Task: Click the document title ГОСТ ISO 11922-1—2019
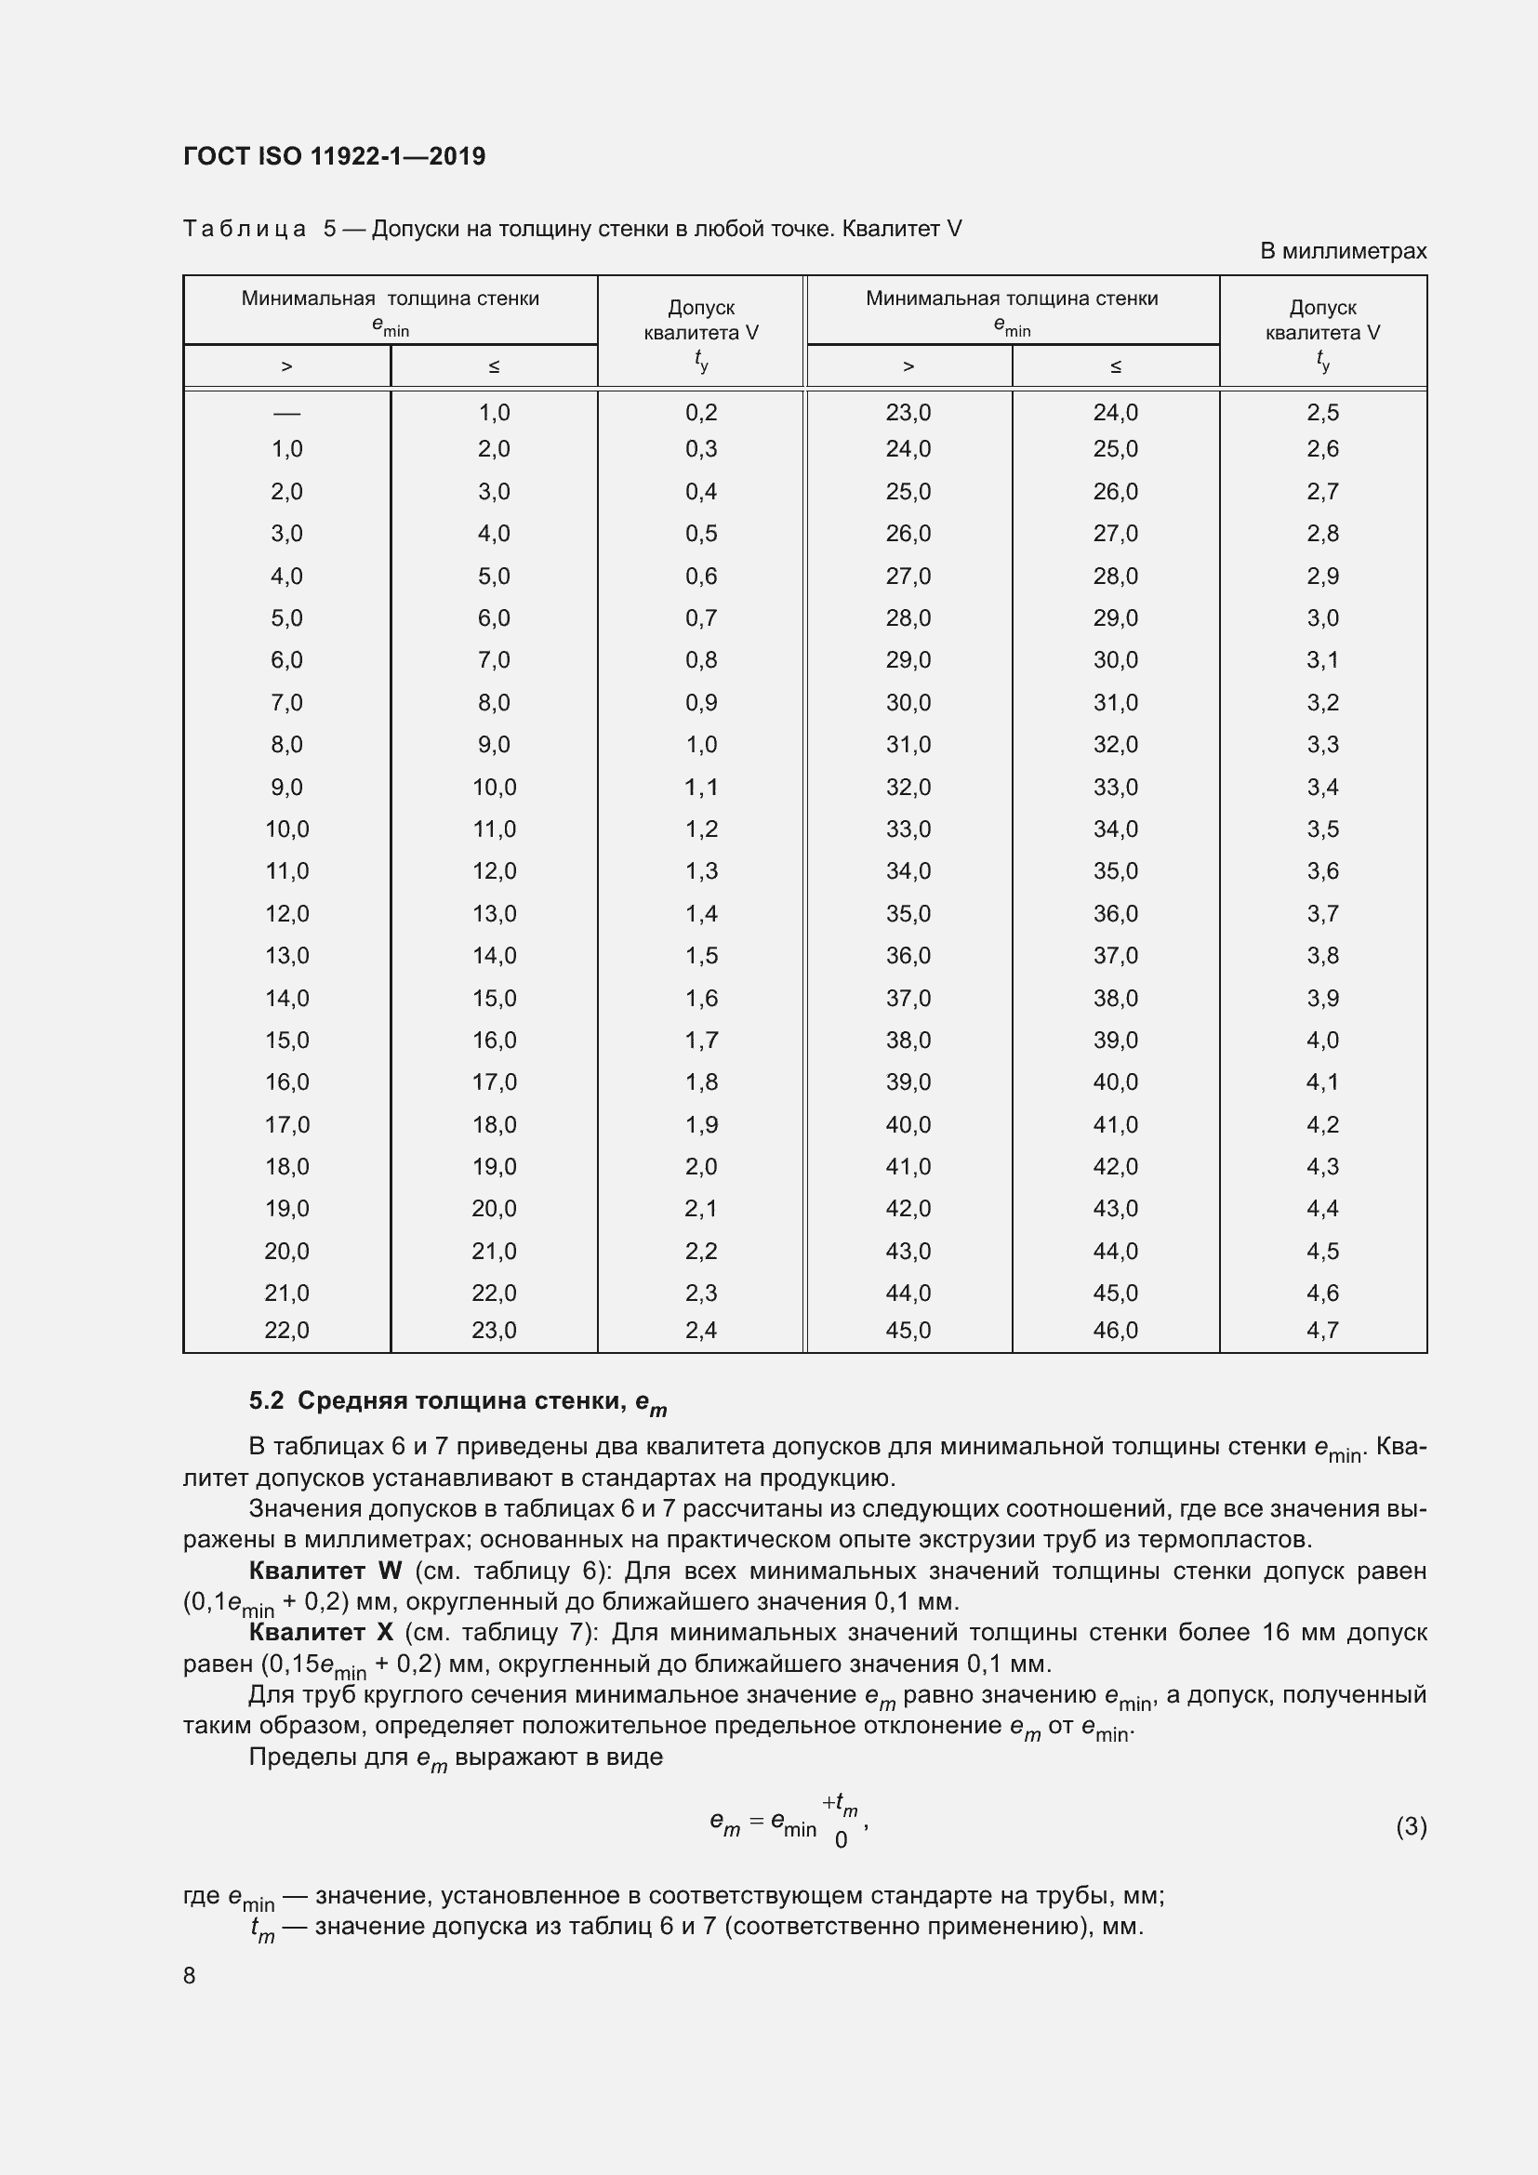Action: (334, 156)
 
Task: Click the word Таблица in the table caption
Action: (245, 229)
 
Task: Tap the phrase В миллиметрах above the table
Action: (1342, 251)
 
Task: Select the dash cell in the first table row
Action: (286, 413)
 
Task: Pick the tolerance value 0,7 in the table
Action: (701, 618)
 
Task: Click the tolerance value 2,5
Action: (1322, 413)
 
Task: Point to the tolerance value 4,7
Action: (1322, 1330)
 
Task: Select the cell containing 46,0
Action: (1115, 1330)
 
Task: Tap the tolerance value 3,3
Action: (1322, 745)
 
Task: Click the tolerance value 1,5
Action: (701, 956)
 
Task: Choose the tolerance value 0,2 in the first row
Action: (701, 413)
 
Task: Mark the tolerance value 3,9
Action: (1322, 999)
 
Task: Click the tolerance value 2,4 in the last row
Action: (701, 1330)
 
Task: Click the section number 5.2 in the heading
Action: (266, 1401)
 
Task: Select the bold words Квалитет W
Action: (325, 1571)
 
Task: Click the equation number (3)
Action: (1411, 1825)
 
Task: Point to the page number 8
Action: (190, 1975)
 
